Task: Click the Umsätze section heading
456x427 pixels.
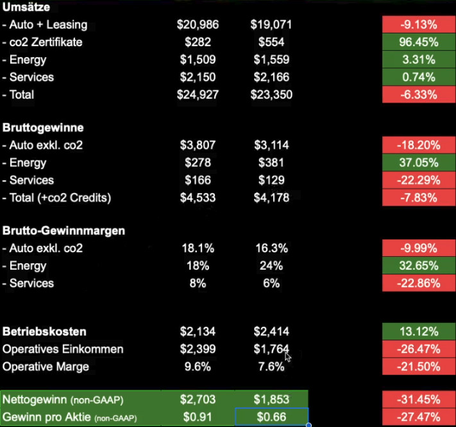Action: tap(26, 8)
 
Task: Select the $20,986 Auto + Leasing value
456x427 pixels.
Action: tap(198, 25)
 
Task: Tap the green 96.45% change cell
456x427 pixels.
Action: tap(418, 42)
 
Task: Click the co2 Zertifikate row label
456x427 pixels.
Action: tap(51, 42)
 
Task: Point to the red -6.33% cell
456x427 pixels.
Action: tap(418, 94)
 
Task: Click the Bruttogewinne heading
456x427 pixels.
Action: tap(43, 128)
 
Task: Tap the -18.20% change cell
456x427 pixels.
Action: tap(418, 145)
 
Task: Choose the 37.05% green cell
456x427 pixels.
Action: tap(418, 162)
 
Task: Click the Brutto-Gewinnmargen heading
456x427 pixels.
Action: tap(63, 231)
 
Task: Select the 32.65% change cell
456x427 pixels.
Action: tap(418, 265)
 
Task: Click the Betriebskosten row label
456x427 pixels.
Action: tap(44, 332)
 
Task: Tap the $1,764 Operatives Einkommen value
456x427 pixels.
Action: tap(270, 349)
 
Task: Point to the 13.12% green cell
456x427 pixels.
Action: tap(418, 332)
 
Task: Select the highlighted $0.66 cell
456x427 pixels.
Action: tap(272, 417)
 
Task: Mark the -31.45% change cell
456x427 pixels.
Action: tap(418, 399)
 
